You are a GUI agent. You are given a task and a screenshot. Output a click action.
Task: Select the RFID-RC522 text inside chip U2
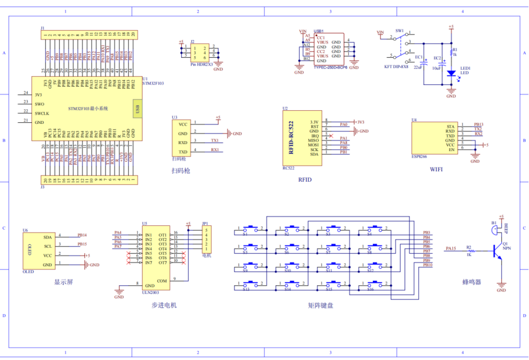coord(292,136)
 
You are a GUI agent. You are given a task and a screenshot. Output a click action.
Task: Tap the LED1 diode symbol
coord(451,73)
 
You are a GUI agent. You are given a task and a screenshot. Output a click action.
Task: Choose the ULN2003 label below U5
coord(151,292)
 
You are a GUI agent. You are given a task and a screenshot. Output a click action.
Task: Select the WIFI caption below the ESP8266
coord(436,170)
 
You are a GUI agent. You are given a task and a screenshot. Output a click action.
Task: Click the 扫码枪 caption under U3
coord(181,171)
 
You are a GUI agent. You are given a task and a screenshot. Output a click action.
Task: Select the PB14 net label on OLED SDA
coord(82,235)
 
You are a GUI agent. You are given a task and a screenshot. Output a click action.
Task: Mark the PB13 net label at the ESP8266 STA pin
coord(478,124)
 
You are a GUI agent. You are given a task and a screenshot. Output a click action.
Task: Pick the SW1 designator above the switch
coord(400,31)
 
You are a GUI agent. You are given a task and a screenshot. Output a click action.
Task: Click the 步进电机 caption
coord(164,305)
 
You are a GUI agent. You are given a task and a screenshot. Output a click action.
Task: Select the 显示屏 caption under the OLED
coord(63,282)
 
